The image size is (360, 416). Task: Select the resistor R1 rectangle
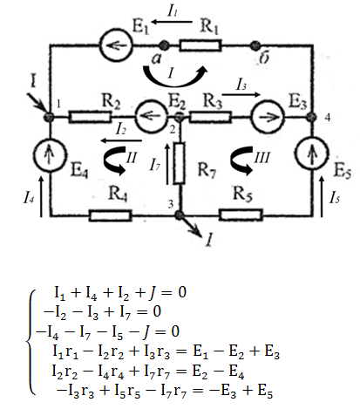(200, 45)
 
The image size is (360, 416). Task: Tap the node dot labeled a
(164, 45)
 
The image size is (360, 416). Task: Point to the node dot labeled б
(255, 45)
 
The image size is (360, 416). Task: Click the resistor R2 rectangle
(90, 117)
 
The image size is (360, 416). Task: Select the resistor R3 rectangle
(210, 117)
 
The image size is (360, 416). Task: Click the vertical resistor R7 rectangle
(179, 163)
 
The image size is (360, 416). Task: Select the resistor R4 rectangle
(111, 215)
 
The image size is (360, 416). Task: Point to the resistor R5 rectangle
(241, 215)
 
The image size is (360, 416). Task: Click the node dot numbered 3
(179, 215)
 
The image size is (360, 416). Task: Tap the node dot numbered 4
(312, 117)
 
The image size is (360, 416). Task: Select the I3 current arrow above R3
(241, 94)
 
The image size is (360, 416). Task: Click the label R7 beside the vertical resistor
(207, 169)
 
